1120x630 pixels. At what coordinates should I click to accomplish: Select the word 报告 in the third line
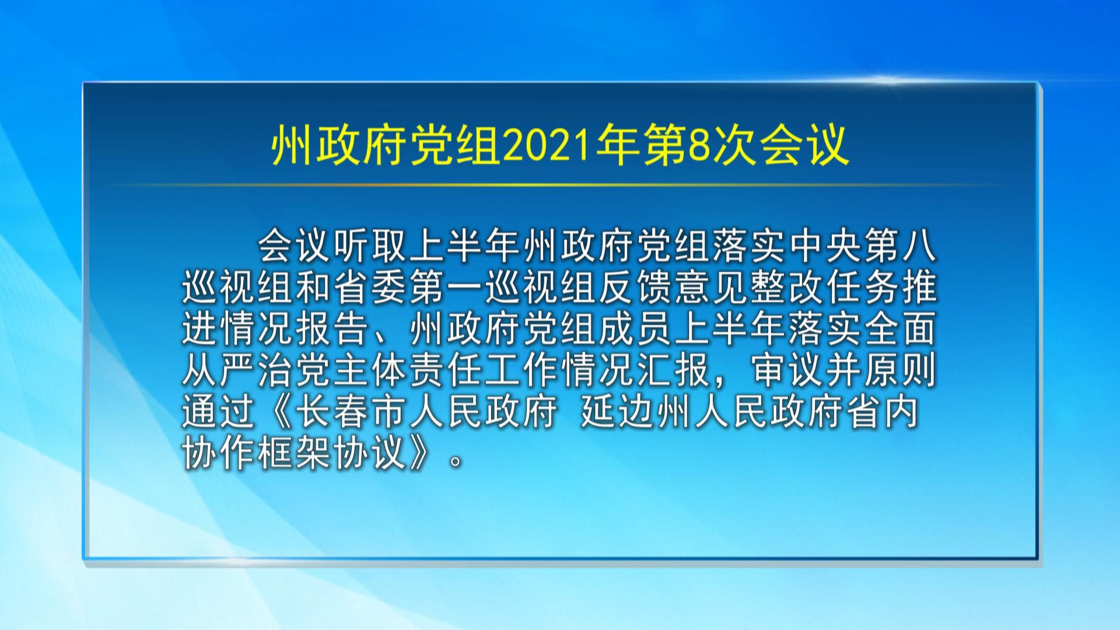[333, 329]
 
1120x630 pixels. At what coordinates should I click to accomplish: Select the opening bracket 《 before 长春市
[277, 412]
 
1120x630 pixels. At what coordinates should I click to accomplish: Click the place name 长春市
[352, 412]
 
